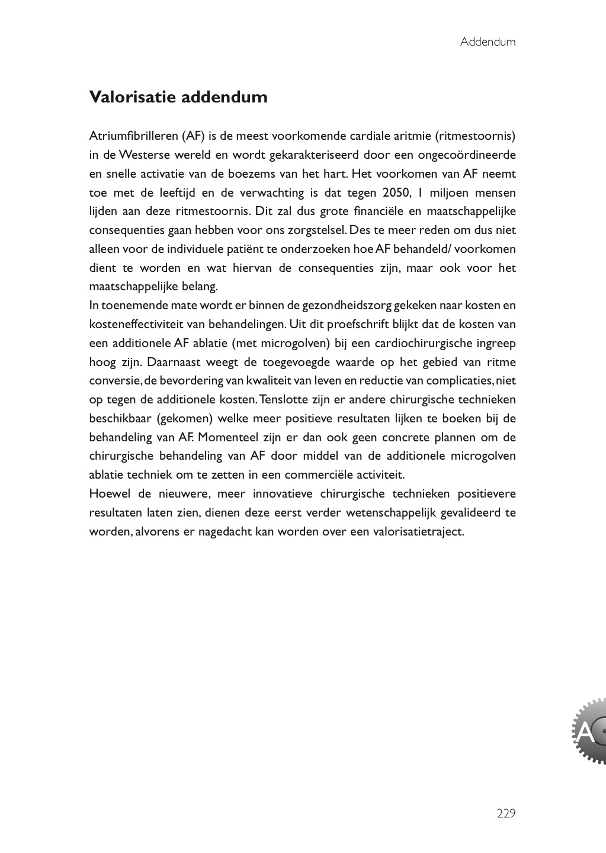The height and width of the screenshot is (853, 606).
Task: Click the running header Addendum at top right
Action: pos(488,42)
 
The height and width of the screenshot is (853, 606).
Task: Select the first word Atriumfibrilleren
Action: pos(133,136)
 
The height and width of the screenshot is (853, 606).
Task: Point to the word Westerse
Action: pos(143,155)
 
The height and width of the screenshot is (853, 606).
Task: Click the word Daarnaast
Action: pos(172,363)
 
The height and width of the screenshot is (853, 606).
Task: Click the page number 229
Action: pos(506,814)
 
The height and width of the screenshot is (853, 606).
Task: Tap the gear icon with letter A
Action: pos(589,731)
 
